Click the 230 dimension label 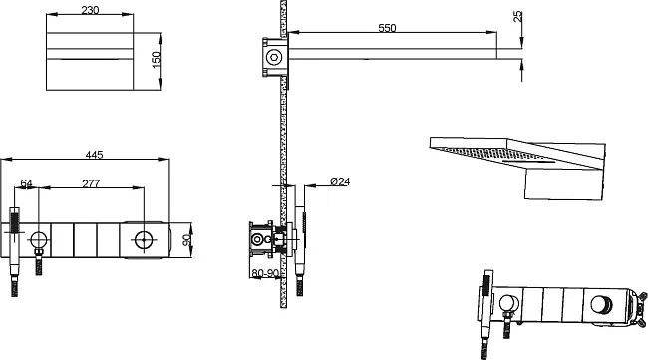(90, 10)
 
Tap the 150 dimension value (156, 60)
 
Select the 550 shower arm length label (387, 28)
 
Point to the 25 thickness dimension (517, 17)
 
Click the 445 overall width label (94, 155)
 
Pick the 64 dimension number (27, 183)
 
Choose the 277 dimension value (91, 183)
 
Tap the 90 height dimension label (186, 240)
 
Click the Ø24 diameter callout (340, 181)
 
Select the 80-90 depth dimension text (265, 273)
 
